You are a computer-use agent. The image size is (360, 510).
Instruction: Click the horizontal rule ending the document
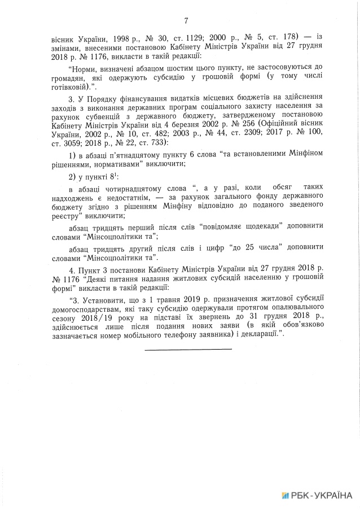(188, 349)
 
